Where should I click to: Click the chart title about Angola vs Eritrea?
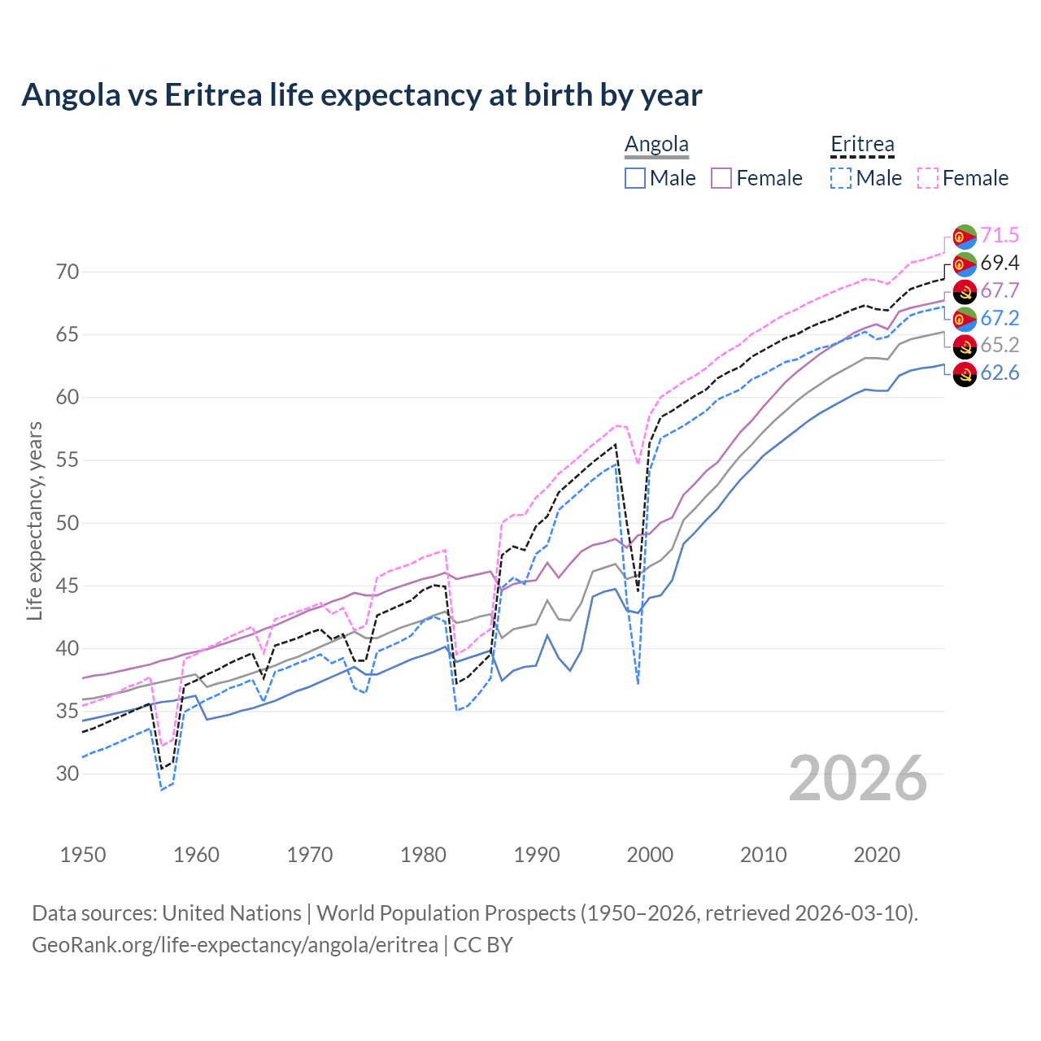coord(362,95)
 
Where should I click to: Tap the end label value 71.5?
coord(1000,236)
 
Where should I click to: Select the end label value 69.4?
coord(1000,264)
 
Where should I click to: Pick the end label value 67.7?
coord(1000,291)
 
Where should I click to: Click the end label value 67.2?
coord(1000,318)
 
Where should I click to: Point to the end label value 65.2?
coord(1000,346)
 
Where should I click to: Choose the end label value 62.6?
coord(1000,373)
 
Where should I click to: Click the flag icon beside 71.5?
coord(965,236)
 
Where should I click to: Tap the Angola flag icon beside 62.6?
coord(965,374)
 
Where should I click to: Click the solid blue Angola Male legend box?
coord(635,178)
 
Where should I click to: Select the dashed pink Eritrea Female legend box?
coord(928,178)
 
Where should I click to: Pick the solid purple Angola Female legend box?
coord(722,178)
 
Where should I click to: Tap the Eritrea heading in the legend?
coord(862,145)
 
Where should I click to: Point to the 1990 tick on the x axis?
coord(537,855)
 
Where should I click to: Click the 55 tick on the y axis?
coord(68,460)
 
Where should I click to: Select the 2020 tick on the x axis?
coord(877,855)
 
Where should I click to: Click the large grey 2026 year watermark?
coord(858,778)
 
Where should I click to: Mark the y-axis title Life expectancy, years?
coord(35,521)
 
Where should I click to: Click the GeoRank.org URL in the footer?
coord(235,945)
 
